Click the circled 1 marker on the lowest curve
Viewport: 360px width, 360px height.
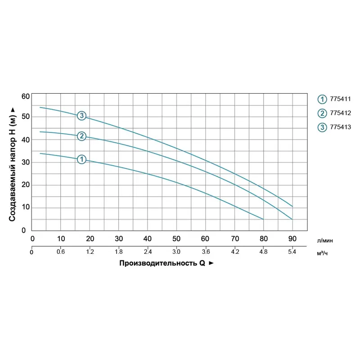[81, 159]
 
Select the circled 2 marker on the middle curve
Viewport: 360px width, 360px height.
[81, 136]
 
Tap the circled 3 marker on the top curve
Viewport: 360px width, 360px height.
[81, 116]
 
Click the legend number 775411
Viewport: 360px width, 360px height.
[340, 99]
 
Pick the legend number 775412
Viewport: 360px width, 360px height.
[340, 113]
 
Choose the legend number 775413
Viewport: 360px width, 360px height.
[340, 127]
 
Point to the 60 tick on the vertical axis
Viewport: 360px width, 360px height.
[25, 96]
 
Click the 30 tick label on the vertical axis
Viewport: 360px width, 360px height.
[25, 162]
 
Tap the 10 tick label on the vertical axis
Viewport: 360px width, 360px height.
[25, 207]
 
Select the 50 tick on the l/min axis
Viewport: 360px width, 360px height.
[176, 238]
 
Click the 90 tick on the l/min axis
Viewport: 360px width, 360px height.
[292, 238]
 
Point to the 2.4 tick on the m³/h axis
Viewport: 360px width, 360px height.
[147, 252]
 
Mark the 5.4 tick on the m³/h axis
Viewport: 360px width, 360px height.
[292, 252]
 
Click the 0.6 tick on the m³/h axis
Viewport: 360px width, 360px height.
[61, 252]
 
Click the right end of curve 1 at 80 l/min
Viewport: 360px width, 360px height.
[263, 219]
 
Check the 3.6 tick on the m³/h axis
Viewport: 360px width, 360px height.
[205, 252]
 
